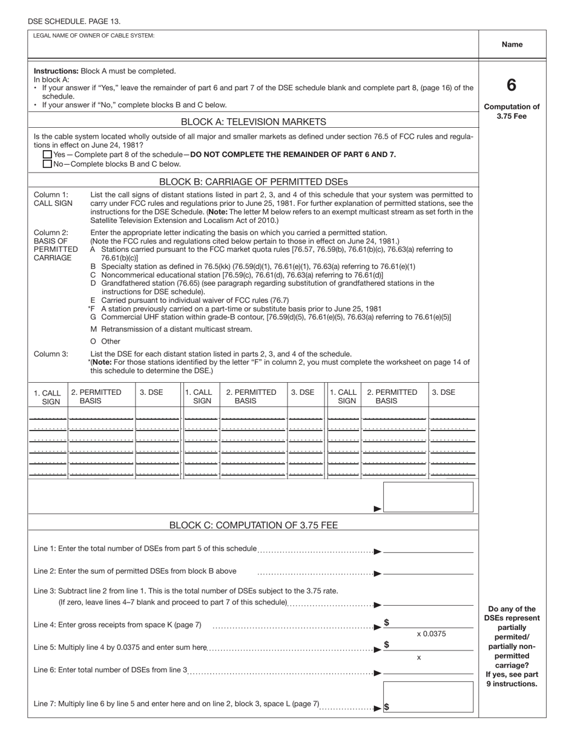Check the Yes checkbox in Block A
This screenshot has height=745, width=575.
(x=47, y=154)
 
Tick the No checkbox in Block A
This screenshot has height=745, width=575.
(x=47, y=164)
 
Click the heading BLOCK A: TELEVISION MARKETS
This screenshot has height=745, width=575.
(x=254, y=122)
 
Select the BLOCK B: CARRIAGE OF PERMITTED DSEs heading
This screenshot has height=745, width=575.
(x=254, y=181)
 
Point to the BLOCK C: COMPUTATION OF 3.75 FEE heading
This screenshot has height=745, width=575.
(x=254, y=525)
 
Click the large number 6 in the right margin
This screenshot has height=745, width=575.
(x=511, y=85)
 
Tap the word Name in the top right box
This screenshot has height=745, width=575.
(x=512, y=44)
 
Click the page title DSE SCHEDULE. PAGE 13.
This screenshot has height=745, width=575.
(x=74, y=22)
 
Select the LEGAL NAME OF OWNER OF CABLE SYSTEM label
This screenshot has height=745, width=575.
(x=94, y=36)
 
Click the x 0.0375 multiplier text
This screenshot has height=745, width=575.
(x=431, y=634)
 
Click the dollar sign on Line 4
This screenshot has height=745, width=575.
(x=386, y=623)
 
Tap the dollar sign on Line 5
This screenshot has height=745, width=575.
(x=386, y=644)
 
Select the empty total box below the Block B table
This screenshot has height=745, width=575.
(x=429, y=497)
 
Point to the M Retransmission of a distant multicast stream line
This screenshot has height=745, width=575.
(x=171, y=329)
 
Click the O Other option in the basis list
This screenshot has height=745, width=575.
(x=105, y=342)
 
